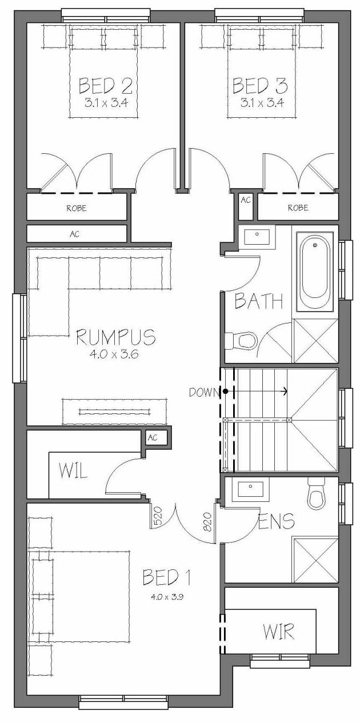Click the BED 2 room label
[105, 85]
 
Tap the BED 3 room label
[260, 85]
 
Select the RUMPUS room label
[116, 337]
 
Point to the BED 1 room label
[167, 577]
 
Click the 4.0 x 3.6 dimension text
[114, 354]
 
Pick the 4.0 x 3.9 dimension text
[167, 597]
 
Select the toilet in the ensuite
[317, 493]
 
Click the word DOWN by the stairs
[204, 392]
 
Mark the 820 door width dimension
[207, 521]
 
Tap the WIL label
[73, 471]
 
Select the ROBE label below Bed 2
[77, 208]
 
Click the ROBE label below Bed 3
[298, 208]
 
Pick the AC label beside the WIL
[153, 438]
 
